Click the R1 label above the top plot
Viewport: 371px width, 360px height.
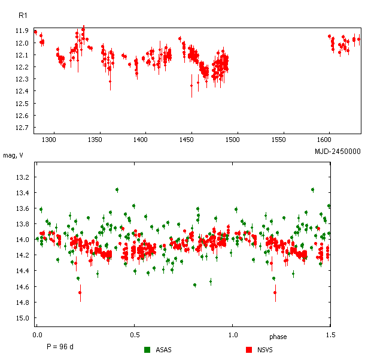22,14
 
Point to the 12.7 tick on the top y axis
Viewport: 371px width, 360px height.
22,128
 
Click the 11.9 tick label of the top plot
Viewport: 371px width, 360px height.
22,31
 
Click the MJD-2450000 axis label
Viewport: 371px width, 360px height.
337,152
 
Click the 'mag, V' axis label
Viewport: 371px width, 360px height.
14,156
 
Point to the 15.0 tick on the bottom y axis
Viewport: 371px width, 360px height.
22,318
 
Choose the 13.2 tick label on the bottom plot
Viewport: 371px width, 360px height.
22,178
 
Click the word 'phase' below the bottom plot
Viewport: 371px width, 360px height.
278,337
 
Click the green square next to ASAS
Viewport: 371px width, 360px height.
147,350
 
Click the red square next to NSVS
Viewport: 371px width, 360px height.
249,350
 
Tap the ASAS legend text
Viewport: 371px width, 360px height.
163,350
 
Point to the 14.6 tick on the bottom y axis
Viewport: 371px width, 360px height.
22,287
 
